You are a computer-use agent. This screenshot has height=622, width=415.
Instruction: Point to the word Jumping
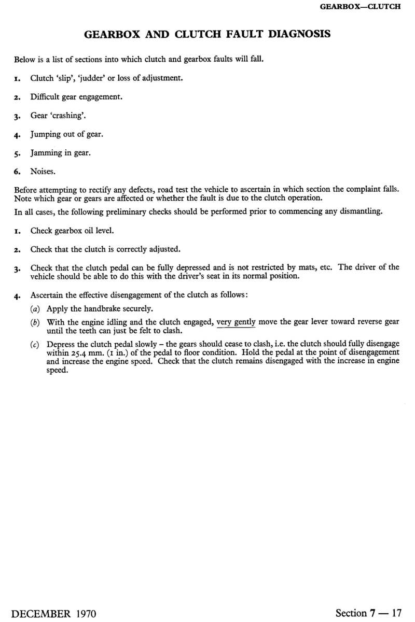(x=46, y=134)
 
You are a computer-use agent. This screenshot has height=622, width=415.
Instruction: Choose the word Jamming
(x=46, y=153)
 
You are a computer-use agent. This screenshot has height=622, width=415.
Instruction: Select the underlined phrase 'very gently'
(x=237, y=322)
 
